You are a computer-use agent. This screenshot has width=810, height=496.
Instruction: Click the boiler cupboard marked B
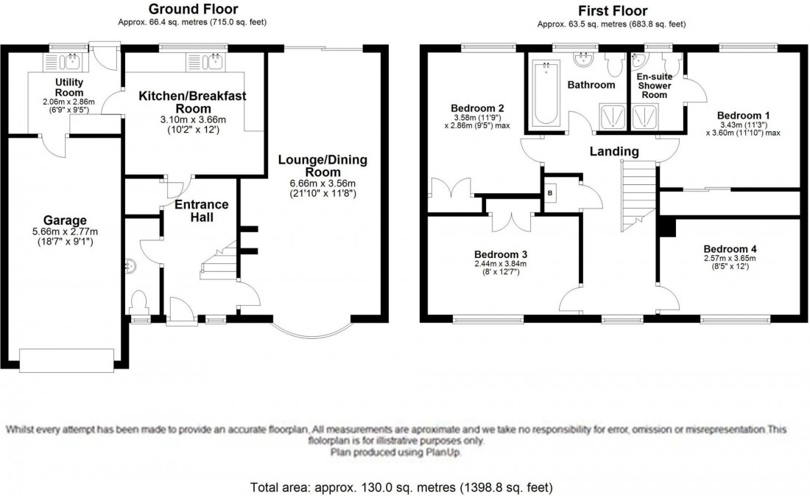point(550,193)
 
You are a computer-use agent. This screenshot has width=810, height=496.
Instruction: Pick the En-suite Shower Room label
point(655,85)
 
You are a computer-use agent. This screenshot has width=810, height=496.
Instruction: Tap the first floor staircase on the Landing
point(638,195)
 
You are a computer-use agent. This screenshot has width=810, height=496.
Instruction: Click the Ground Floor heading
point(191,10)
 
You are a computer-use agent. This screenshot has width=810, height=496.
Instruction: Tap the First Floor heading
point(613,10)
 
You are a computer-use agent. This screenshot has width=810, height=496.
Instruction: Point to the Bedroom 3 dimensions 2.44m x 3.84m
point(501,264)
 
